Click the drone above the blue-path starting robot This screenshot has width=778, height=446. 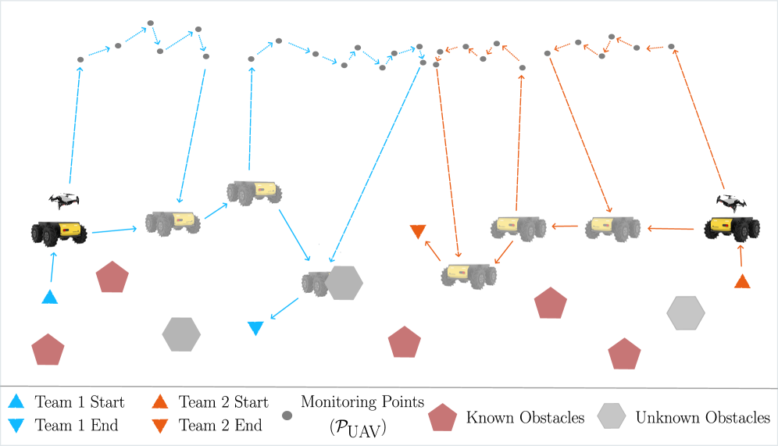[64, 200]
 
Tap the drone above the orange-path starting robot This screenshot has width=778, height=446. [731, 203]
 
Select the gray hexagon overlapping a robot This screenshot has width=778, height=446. [344, 283]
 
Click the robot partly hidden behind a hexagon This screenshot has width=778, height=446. [316, 283]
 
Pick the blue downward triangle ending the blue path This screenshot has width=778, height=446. [255, 328]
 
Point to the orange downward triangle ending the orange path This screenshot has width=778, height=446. [418, 231]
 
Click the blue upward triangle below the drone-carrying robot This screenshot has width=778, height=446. [50, 297]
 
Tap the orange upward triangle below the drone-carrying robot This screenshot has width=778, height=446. [742, 281]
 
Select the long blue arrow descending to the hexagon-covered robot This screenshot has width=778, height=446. [376, 164]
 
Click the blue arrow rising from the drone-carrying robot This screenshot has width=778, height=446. [75, 125]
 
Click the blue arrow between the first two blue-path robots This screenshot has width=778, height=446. [114, 230]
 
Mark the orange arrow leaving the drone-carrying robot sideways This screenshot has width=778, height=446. [671, 229]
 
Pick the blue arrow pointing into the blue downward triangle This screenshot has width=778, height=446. [285, 308]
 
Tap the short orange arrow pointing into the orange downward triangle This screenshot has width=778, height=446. [432, 250]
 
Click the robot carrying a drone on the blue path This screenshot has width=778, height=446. [59, 231]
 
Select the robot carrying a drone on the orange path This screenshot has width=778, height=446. [732, 227]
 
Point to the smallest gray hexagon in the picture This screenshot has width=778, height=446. [612, 415]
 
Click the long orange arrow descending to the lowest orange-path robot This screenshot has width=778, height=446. [448, 164]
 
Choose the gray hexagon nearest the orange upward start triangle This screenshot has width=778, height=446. [686, 312]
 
